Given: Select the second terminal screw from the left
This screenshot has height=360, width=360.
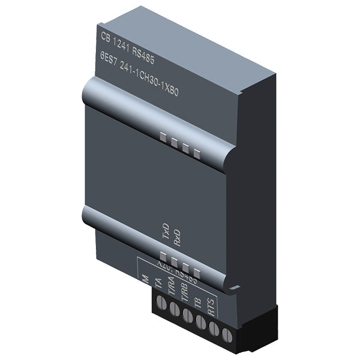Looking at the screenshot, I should [174, 310].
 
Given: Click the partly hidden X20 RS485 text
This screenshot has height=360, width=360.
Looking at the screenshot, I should [174, 268].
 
